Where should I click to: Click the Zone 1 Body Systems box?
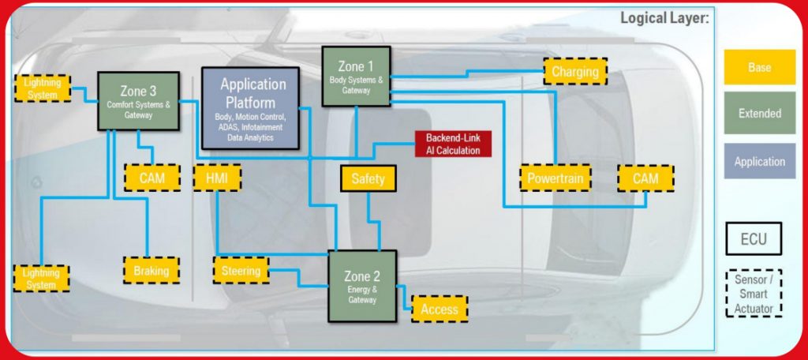[356, 77]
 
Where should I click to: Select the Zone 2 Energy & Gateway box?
[362, 287]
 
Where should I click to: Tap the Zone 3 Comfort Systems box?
[139, 101]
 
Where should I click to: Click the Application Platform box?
[250, 108]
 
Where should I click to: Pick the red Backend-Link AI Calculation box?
[454, 144]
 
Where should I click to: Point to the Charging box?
[575, 72]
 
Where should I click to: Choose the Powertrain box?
[555, 178]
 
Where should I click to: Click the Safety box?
[368, 178]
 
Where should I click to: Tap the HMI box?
[217, 178]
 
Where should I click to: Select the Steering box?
[241, 270]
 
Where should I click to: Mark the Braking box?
[151, 270]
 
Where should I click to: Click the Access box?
[440, 309]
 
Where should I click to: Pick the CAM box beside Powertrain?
[645, 178]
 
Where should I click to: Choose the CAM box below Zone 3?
[152, 178]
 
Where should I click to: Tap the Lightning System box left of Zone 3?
[43, 88]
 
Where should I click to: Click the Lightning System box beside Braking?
[41, 279]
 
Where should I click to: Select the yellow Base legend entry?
[760, 67]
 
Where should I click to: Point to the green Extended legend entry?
[760, 113]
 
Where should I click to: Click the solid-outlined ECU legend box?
[754, 238]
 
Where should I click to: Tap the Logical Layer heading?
[664, 19]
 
